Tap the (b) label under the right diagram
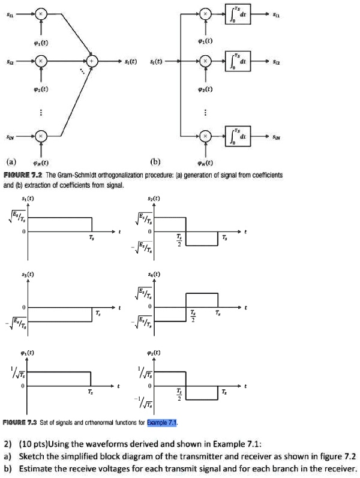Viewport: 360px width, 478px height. click(157, 161)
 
